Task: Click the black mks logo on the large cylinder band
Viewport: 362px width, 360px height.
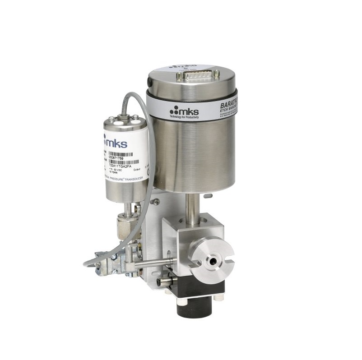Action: tap(182, 110)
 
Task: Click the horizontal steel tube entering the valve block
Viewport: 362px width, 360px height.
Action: tap(156, 263)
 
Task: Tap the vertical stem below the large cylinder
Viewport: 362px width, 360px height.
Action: tap(191, 203)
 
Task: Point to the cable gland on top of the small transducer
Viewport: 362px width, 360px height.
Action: tap(123, 118)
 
